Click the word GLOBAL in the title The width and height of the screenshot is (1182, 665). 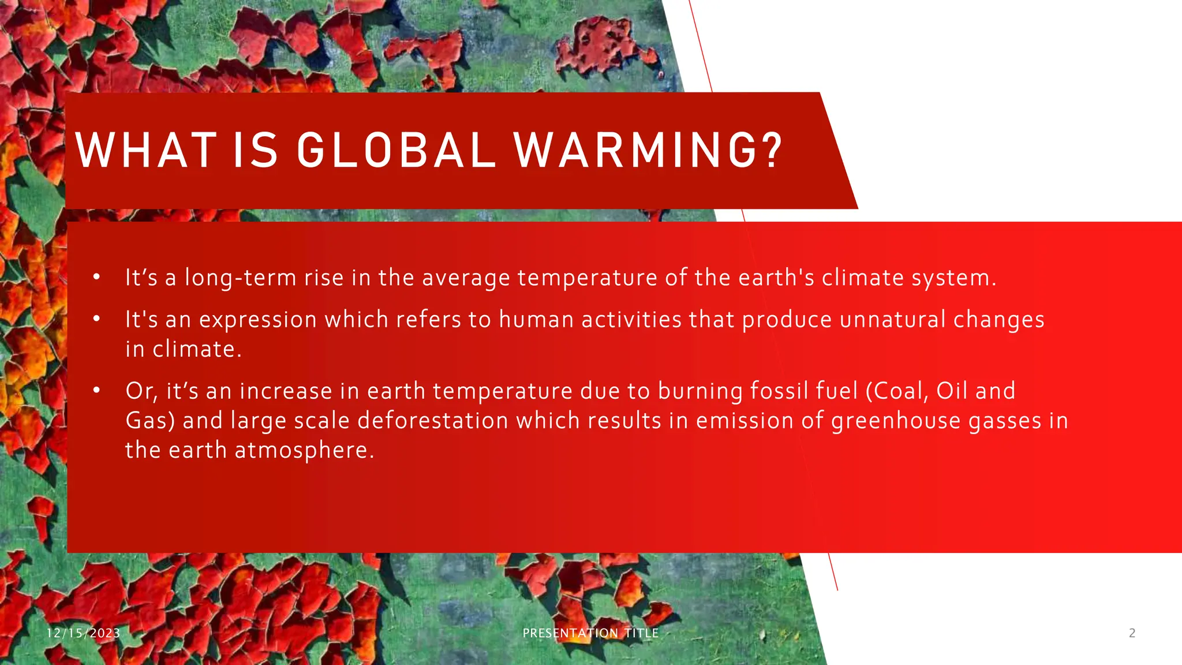tap(396, 151)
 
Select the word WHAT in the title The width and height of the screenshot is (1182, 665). tap(147, 151)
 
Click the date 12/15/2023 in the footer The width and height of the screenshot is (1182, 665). tap(83, 633)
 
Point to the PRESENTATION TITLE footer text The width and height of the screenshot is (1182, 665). tap(590, 633)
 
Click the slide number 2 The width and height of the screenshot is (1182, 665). tap(1132, 633)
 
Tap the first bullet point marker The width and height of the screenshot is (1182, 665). tap(97, 278)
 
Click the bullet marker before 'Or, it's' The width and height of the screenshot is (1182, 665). tap(97, 391)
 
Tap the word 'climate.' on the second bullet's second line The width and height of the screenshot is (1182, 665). tap(197, 349)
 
